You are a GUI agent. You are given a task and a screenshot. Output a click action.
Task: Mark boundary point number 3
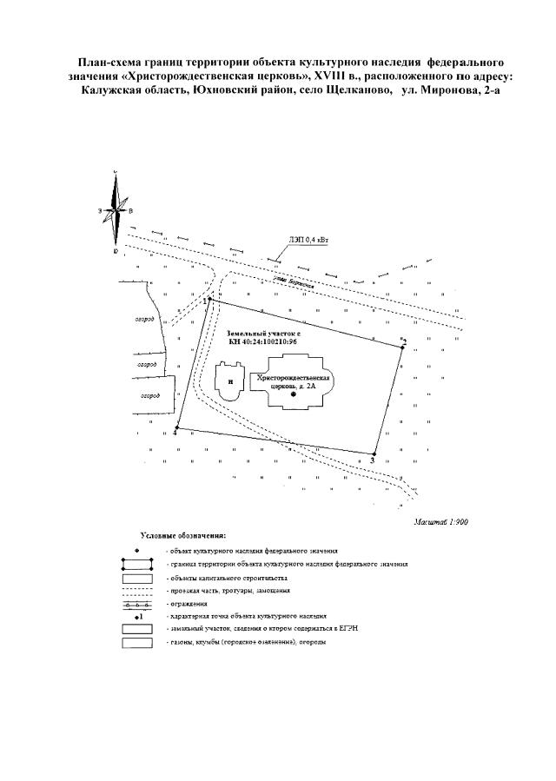(x=374, y=453)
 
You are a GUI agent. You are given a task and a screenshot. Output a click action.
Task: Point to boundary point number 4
(x=176, y=428)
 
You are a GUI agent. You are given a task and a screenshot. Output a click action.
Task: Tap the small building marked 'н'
(x=229, y=381)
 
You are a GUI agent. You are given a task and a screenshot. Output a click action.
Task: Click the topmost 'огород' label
(x=144, y=321)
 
